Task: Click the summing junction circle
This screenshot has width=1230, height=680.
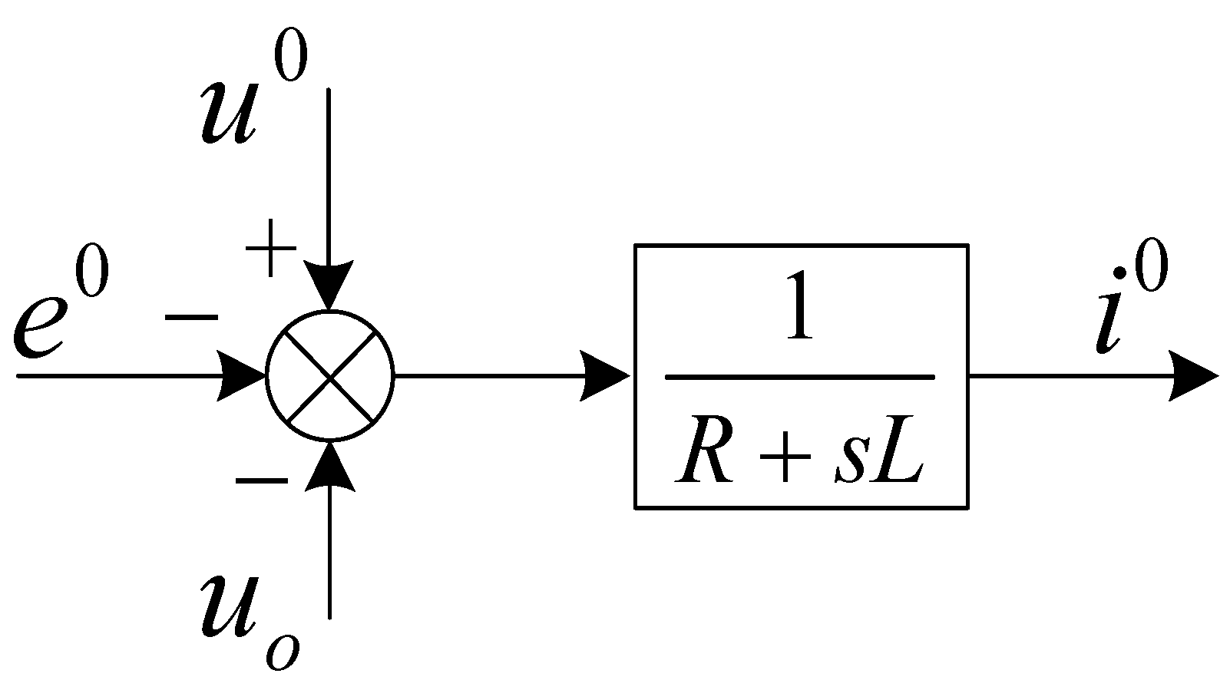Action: tap(329, 376)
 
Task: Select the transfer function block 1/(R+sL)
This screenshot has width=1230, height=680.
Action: tap(800, 376)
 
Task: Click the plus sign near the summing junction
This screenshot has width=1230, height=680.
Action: tap(270, 249)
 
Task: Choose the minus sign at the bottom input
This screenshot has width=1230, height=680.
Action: tap(262, 481)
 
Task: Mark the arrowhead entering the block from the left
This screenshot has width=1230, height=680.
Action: tap(607, 376)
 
